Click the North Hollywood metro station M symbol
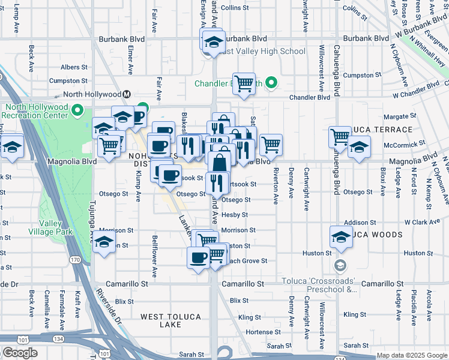point(127,94)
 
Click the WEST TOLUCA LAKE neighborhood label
point(169,320)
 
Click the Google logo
point(20,353)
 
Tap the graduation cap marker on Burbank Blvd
point(212,41)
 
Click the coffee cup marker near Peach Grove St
point(198,258)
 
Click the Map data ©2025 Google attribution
point(412,355)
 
